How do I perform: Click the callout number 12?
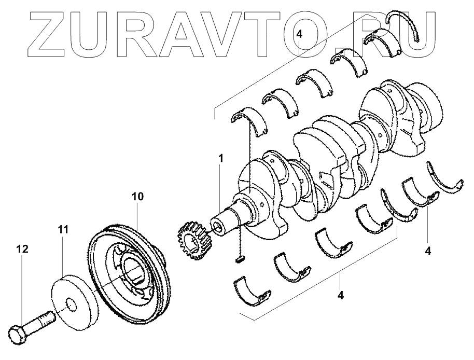pos(21,250)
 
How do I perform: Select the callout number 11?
pos(63,229)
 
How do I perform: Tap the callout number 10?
pos(137,197)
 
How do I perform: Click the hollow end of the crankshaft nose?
pos(217,228)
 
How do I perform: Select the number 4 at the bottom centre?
pos(340,296)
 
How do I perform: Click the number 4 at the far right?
pos(428,252)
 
